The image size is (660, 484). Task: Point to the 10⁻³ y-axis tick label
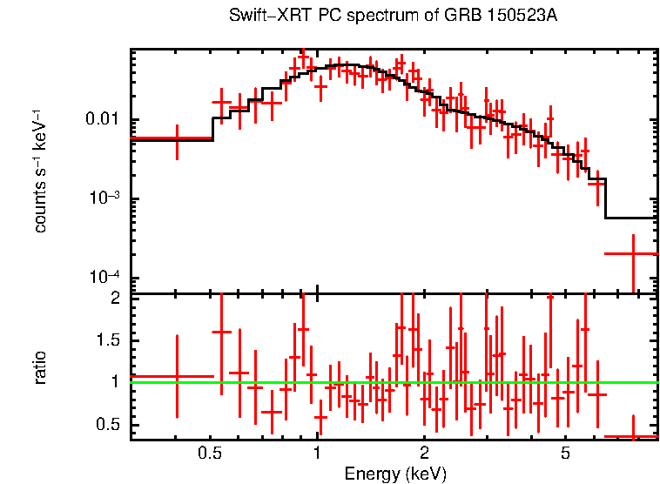[x=104, y=198]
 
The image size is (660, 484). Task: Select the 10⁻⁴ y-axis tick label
[x=104, y=278]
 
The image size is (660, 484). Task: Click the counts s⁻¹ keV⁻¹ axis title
[x=40, y=171]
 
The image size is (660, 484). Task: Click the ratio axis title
[x=40, y=367]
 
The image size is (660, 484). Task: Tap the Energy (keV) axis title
[x=395, y=474]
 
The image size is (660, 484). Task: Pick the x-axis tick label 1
[x=317, y=453]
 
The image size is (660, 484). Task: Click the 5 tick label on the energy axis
[x=565, y=453]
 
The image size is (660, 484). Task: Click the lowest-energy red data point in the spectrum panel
[x=177, y=138]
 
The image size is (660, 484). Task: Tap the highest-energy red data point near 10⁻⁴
[x=633, y=253]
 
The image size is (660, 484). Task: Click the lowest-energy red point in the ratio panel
[x=177, y=377]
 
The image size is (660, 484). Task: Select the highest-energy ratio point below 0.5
[x=633, y=436]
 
